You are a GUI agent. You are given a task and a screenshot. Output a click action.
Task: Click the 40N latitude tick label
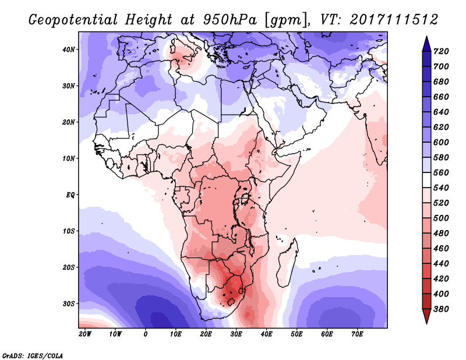tap(68, 50)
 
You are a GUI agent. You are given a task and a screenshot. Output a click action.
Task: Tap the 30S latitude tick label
tap(69, 304)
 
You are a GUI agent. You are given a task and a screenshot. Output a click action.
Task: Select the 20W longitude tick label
tap(85, 334)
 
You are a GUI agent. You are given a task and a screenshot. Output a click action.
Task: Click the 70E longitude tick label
tap(357, 334)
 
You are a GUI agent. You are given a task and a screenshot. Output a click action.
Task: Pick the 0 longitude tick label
tap(145, 334)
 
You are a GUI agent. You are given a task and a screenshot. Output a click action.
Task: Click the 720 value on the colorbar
tap(441, 51)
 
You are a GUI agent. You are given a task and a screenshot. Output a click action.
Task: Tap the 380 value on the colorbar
tap(441, 309)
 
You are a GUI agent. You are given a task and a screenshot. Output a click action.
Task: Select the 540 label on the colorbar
tap(441, 188)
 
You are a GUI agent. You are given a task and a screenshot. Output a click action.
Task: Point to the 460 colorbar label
tap(441, 249)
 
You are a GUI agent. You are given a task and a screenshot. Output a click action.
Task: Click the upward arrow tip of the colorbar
tap(426, 36)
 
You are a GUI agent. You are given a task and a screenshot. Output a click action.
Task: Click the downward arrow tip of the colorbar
tap(426, 323)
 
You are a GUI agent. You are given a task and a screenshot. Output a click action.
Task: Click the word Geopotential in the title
tap(73, 20)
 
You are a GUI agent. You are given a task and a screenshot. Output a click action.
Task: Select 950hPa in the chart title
tap(230, 20)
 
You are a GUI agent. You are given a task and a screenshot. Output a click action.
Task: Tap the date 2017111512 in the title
tap(394, 20)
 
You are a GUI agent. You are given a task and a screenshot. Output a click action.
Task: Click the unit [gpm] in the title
tap(285, 20)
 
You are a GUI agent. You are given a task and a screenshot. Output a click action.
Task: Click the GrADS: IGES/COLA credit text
tap(33, 355)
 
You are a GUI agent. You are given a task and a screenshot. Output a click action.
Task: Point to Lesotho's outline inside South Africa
tap(231, 302)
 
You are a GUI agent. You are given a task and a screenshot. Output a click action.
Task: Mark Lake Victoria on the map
tap(245, 197)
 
